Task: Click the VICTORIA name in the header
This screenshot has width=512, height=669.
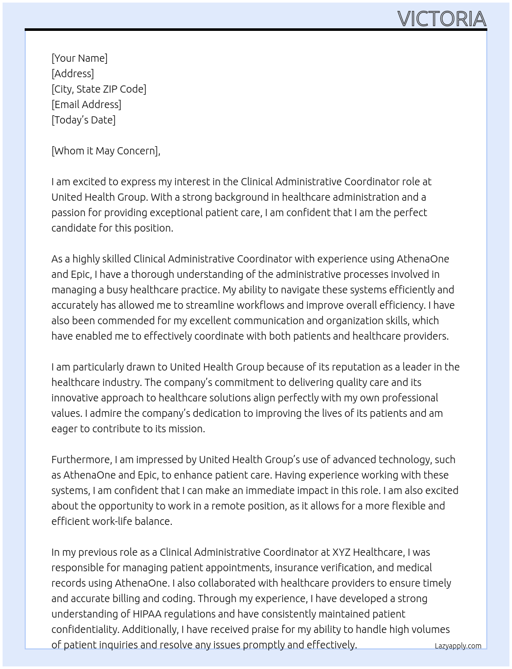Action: pos(442,19)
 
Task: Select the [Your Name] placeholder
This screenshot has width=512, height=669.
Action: pos(79,58)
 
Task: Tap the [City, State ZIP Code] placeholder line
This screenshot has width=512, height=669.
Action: pos(99,89)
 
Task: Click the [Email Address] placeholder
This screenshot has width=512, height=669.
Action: pos(86,104)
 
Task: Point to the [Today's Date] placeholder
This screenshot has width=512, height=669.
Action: pos(83,120)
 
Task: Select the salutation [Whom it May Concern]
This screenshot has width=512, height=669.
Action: pos(105,151)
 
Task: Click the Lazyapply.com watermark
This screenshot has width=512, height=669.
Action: pos(458,646)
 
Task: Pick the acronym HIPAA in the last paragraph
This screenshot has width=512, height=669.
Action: pos(147,614)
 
